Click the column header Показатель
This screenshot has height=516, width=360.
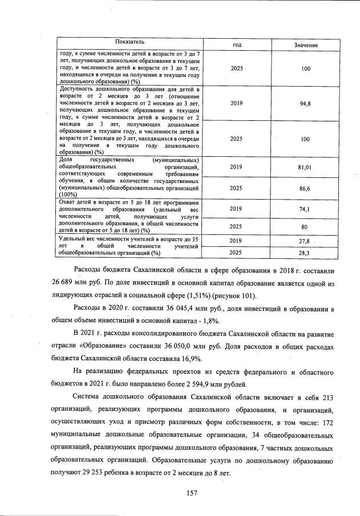(130, 43)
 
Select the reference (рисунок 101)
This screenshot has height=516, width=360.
(233, 296)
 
